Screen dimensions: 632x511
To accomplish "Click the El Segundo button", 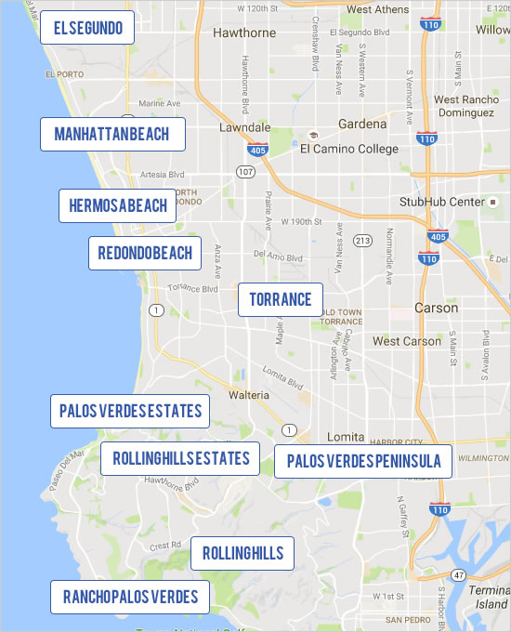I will tap(87, 28).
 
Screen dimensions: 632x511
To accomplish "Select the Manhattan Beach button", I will tap(111, 134).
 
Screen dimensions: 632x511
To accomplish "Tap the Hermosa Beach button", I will tap(117, 205).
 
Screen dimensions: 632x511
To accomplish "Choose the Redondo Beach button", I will tap(145, 252).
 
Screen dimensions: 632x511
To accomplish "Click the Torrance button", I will tap(281, 299).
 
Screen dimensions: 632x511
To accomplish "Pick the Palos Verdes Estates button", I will tap(130, 411).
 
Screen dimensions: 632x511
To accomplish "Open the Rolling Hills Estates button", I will tap(180, 458).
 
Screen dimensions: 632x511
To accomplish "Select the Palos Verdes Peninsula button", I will tap(363, 461).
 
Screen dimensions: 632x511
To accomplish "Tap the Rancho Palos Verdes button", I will tap(129, 597).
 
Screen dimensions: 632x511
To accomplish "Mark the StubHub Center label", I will tap(442, 202).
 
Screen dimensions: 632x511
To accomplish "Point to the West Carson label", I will tap(407, 341).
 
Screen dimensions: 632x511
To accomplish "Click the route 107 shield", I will tap(245, 172).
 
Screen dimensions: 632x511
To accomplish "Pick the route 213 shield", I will tap(362, 241).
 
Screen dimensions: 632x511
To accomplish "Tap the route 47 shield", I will tap(459, 577).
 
